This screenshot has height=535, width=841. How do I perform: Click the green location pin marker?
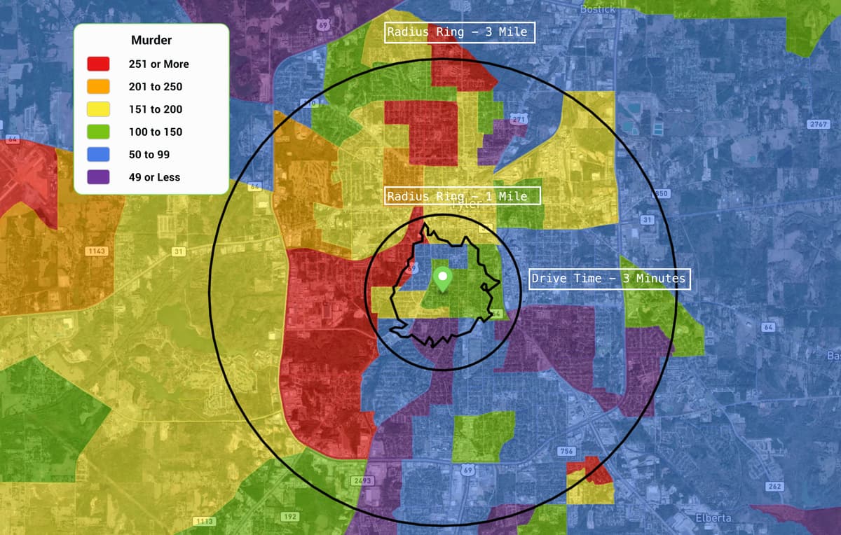[442, 278]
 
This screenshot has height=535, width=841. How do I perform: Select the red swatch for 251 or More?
[97, 64]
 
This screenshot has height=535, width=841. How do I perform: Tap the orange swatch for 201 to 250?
[97, 86]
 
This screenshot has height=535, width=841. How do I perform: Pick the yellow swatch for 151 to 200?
[97, 109]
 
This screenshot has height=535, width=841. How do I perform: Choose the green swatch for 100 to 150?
[97, 132]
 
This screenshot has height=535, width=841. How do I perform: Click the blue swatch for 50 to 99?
[97, 154]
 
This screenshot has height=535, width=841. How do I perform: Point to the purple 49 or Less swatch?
[97, 177]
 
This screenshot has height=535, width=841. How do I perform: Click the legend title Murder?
[151, 41]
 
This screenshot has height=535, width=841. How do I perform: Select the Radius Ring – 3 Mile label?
[460, 32]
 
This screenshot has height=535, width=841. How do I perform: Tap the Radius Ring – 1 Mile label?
[463, 195]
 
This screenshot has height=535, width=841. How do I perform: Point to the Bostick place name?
[598, 9]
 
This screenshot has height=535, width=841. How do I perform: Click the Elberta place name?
[713, 517]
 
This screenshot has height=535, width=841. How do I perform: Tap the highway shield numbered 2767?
[818, 124]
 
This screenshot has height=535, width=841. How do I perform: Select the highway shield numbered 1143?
[95, 251]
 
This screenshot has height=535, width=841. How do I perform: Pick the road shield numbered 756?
[566, 451]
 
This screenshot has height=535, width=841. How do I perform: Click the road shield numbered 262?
[774, 486]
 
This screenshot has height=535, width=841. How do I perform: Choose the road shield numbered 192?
[289, 516]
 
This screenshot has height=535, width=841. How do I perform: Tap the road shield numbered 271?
[518, 120]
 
